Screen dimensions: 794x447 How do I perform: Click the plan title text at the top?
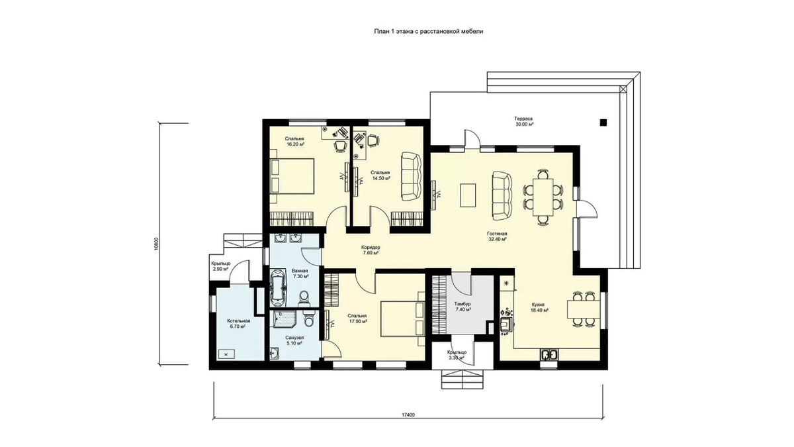(429, 31)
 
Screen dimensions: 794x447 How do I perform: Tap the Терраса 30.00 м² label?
(523, 121)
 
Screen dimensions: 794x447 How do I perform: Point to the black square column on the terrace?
(603, 123)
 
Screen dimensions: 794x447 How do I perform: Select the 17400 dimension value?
(408, 415)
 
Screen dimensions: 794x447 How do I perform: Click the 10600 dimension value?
(156, 244)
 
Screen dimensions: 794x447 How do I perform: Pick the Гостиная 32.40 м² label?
(497, 236)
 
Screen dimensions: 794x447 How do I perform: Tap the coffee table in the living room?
(468, 195)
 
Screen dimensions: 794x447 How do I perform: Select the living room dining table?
(543, 197)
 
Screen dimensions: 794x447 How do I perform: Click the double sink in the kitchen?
(549, 355)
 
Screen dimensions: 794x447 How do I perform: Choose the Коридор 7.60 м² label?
(371, 250)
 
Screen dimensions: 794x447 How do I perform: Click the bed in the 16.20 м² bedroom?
(292, 176)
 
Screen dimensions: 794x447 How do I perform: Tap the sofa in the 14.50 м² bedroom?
(411, 176)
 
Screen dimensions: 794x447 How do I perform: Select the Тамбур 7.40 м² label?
(463, 307)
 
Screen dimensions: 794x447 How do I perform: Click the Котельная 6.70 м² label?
(239, 324)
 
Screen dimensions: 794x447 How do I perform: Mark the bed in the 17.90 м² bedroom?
(403, 319)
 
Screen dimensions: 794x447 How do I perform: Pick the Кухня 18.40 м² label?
(539, 307)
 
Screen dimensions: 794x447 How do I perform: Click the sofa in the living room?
(502, 196)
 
